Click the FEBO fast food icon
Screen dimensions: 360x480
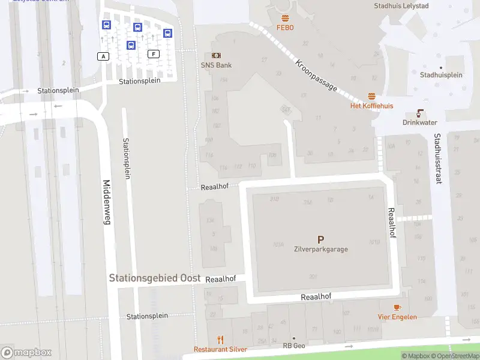tap(285, 18)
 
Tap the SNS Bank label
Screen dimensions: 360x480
tap(216, 65)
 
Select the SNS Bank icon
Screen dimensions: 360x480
tap(216, 55)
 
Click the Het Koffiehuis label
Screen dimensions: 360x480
tap(372, 106)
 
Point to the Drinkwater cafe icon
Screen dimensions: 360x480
tap(420, 113)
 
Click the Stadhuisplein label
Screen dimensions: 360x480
tap(441, 75)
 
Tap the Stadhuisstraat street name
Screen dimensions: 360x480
tap(437, 158)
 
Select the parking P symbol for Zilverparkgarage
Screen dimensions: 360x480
tap(320, 239)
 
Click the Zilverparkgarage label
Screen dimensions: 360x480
tap(320, 249)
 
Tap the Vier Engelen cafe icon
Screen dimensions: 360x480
tap(397, 307)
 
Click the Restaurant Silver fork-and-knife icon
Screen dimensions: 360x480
tap(220, 340)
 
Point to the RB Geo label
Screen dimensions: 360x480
tap(294, 346)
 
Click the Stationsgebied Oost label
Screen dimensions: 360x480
tap(154, 278)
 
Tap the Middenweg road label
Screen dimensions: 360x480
tap(107, 202)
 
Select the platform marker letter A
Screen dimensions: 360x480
tap(104, 56)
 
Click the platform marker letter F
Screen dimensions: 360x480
tap(154, 54)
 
